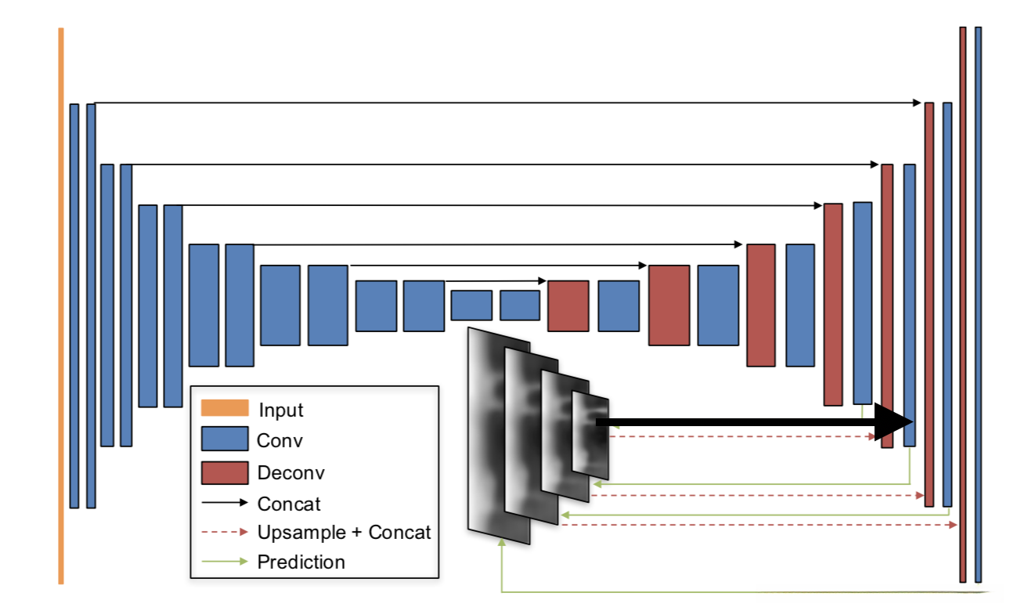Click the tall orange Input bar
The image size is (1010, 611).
pyautogui.click(x=60, y=305)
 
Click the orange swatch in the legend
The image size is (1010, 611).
pyautogui.click(x=225, y=408)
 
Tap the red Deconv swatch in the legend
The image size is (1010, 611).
pyautogui.click(x=225, y=473)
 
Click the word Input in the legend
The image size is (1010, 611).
pyautogui.click(x=280, y=410)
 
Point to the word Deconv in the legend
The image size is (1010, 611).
pyautogui.click(x=290, y=473)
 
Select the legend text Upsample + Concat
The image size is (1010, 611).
pyautogui.click(x=344, y=533)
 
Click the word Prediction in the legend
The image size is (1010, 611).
pyautogui.click(x=301, y=562)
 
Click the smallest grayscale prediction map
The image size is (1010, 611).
pyautogui.click(x=590, y=435)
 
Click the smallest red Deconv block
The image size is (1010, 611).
pyautogui.click(x=568, y=305)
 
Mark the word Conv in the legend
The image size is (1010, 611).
pyautogui.click(x=280, y=440)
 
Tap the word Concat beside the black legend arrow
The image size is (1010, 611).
pyautogui.click(x=289, y=504)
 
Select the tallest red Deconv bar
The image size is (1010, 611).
pyautogui.click(x=962, y=305)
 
